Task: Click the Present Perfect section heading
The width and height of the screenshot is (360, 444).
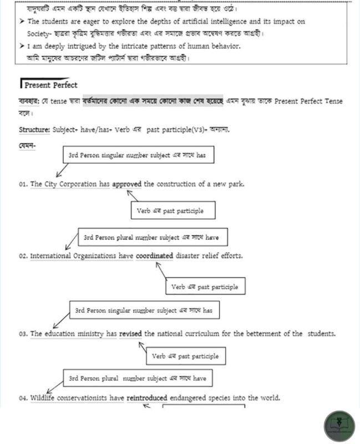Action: click(x=50, y=85)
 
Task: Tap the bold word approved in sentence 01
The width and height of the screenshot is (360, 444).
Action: click(x=127, y=184)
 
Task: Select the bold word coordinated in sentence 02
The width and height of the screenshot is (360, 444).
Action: click(x=159, y=256)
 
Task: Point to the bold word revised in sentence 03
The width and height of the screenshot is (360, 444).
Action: click(x=130, y=334)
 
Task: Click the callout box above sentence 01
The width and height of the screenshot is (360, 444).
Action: click(x=138, y=155)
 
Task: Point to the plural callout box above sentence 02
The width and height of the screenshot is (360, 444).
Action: click(x=152, y=238)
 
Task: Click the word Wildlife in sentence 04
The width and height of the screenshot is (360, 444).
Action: click(x=45, y=398)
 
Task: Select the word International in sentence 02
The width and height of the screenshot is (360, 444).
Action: click(x=50, y=256)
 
